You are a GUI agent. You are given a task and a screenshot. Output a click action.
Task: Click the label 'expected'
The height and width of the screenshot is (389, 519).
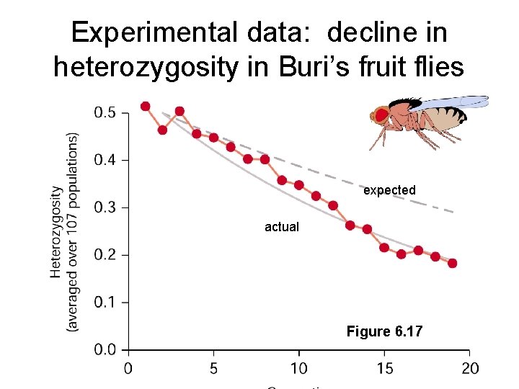389,190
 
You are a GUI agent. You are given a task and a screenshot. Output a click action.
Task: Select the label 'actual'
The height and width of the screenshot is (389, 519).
281,227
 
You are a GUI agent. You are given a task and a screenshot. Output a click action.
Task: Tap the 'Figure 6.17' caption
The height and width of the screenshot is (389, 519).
384,331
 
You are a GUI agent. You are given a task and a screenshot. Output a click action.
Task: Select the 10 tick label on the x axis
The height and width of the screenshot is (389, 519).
298,369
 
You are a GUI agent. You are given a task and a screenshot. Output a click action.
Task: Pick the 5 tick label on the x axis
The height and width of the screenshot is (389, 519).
213,369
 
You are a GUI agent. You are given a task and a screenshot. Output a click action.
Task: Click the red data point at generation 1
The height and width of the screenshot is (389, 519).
146,106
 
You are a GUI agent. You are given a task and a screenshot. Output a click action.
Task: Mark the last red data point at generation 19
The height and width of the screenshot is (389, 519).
452,263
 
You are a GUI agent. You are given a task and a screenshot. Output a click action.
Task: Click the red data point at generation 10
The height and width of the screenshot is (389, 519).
298,185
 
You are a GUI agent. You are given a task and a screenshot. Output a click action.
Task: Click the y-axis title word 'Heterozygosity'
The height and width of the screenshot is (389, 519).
57,232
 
